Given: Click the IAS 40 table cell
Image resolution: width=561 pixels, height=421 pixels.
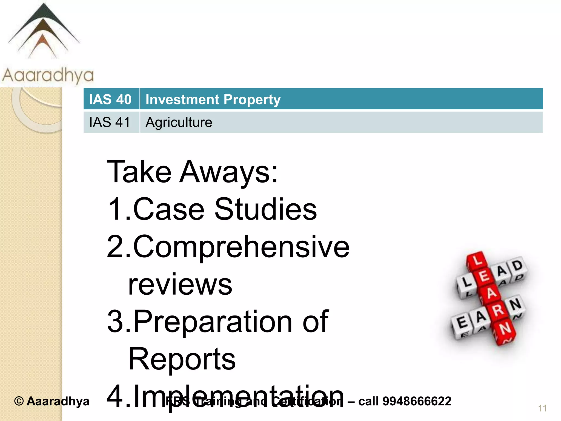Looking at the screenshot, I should click(111, 99).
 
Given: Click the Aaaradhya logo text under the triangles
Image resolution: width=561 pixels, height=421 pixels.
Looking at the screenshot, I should click(48, 75).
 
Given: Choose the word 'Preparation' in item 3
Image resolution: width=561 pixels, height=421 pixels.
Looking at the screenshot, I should click(213, 322).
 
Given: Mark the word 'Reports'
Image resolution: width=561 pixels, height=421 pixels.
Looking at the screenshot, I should click(182, 359).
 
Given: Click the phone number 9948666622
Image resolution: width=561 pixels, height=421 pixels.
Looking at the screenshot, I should click(417, 401).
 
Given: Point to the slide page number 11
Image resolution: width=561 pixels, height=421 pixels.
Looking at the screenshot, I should click(542, 408).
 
